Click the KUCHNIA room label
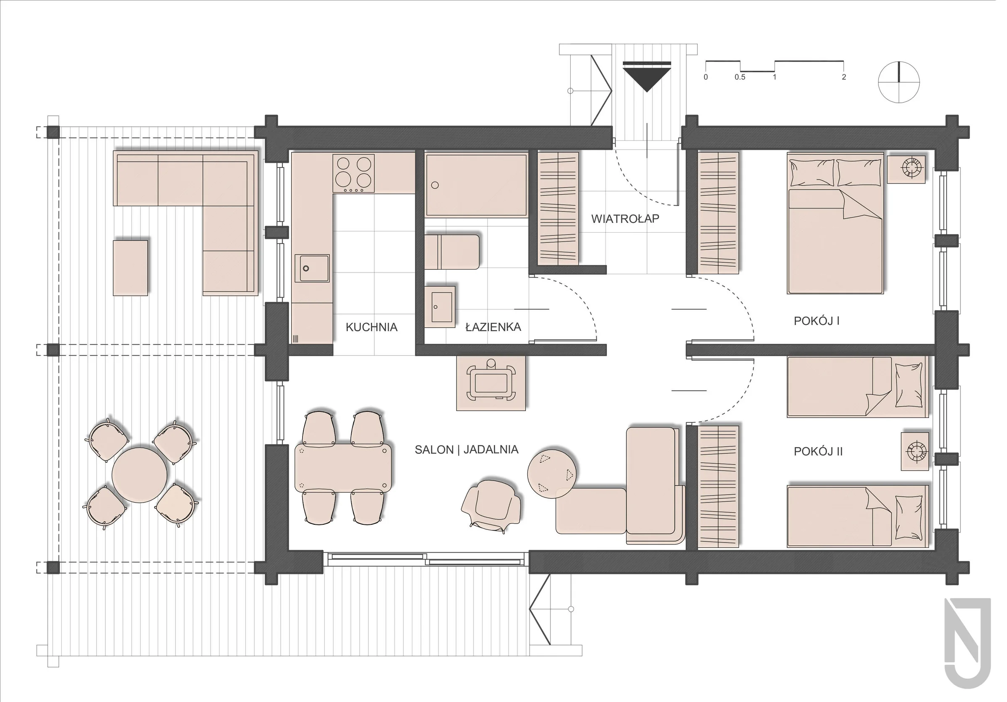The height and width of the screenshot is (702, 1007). coord(371,327)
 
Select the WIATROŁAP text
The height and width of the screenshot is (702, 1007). coord(625,218)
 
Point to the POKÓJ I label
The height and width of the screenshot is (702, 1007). coord(817,321)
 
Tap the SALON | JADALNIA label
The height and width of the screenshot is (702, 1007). coord(467,449)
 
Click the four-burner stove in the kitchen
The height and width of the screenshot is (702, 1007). coord(354,173)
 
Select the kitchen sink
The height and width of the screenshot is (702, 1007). coord(312,268)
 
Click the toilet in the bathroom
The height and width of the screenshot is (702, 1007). coord(452,252)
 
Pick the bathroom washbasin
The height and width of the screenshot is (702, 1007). coord(439,306)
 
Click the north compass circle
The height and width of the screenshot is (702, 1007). coord(899,82)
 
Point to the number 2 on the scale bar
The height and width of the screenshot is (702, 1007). coord(844,77)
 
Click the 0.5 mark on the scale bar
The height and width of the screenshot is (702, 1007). coord(740,77)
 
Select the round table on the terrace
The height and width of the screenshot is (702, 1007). coord(139,475)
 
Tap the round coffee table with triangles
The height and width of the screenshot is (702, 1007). coord(552,474)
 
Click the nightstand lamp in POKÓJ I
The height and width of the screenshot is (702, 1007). coord(911,167)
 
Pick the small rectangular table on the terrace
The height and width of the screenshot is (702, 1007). coord(130,267)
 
